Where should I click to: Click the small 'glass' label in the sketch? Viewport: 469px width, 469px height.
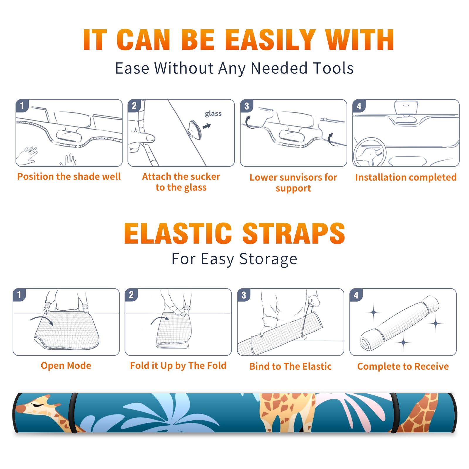pos(213,113)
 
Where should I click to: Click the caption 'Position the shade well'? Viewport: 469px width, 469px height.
pos(69,176)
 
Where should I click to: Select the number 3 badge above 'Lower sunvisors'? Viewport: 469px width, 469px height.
pos(247,106)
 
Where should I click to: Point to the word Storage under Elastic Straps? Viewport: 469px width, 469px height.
pos(268,259)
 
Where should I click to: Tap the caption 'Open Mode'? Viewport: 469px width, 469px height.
pos(66,366)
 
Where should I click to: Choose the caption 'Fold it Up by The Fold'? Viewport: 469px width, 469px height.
pos(178,366)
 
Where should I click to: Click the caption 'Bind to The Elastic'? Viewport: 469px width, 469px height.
pos(290,366)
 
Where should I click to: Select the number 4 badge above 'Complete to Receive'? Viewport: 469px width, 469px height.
pos(356,295)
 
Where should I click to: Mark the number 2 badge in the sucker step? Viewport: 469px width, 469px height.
pos(134,106)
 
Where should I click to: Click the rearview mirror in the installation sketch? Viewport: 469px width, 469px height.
pos(406,108)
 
